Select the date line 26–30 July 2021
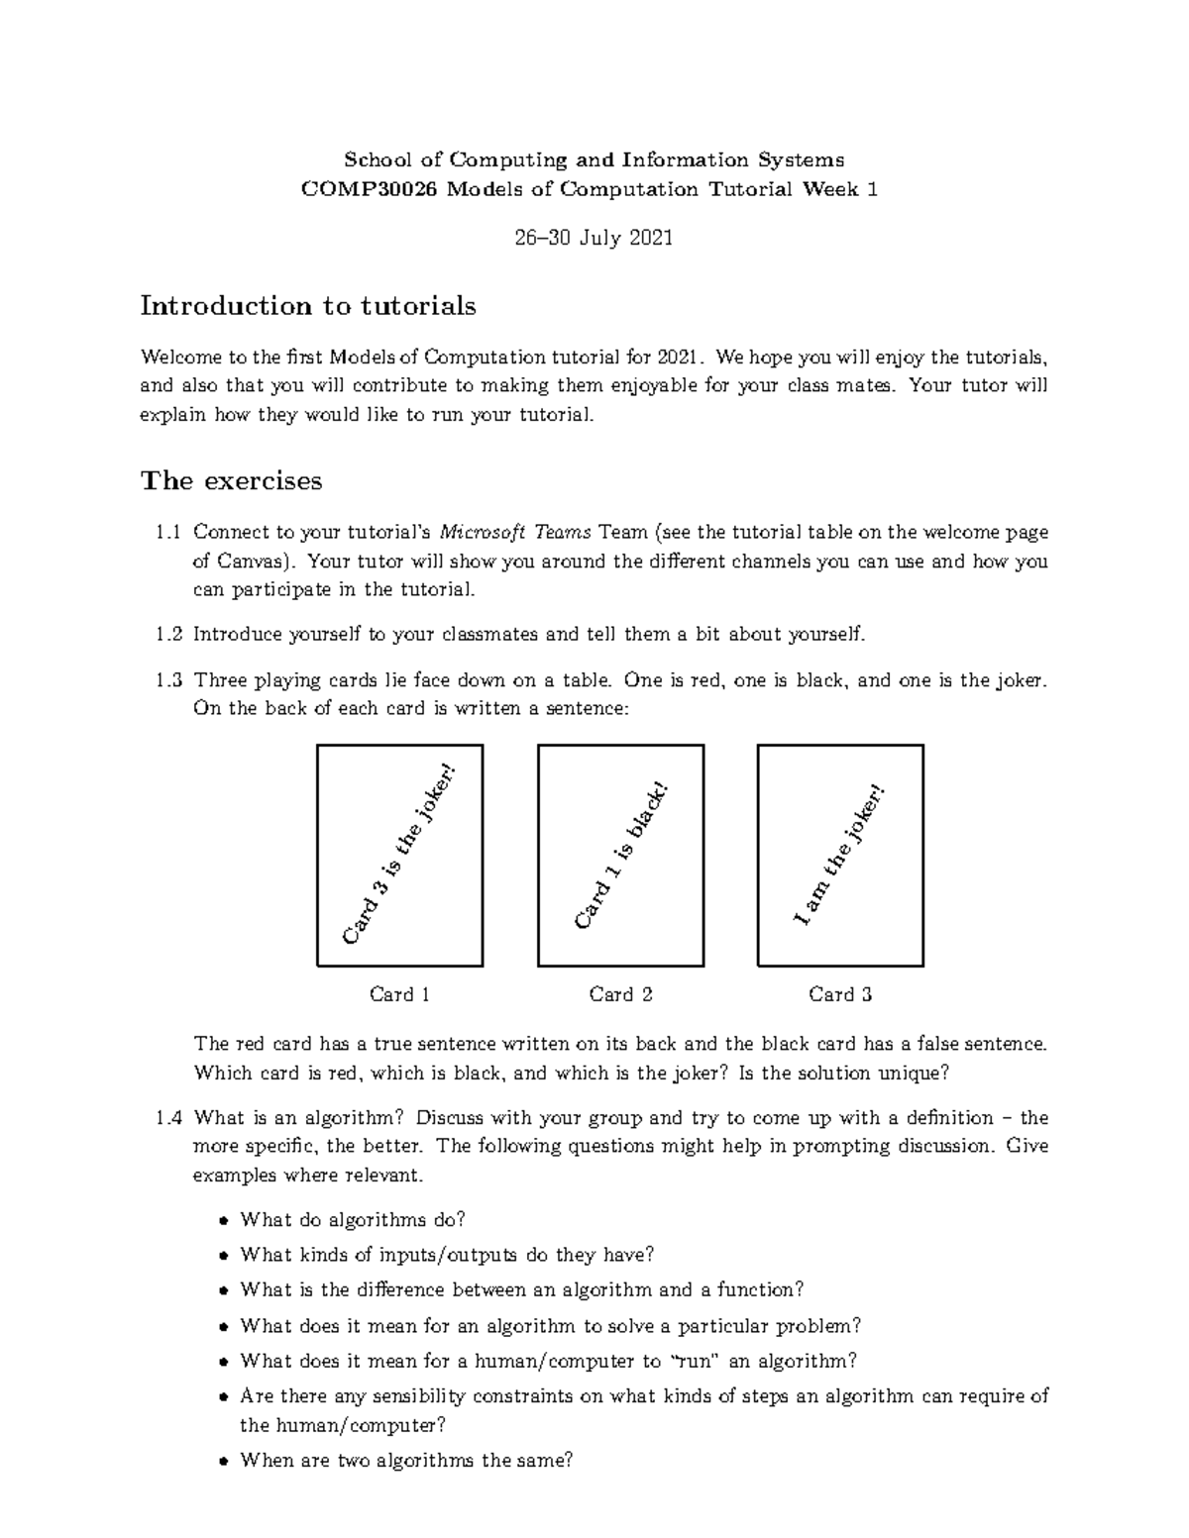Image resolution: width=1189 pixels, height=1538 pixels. (x=594, y=238)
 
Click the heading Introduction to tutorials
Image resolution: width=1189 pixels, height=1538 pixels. (x=308, y=306)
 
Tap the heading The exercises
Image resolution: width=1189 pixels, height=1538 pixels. (x=231, y=481)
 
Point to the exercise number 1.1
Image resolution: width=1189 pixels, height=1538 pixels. (x=168, y=533)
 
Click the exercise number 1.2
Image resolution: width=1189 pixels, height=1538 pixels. (x=168, y=634)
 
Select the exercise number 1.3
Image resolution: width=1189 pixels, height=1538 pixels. (x=168, y=680)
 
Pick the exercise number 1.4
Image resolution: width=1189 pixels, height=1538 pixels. (x=168, y=1118)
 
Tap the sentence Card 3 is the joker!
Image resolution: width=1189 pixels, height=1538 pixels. (x=401, y=854)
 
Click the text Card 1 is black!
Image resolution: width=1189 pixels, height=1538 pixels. (x=621, y=856)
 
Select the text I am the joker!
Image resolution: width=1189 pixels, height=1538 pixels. (x=839, y=856)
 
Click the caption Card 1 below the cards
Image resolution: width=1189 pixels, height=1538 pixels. (x=399, y=994)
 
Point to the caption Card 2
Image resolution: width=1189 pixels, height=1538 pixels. (x=620, y=994)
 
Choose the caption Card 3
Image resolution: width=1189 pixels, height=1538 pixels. (x=840, y=994)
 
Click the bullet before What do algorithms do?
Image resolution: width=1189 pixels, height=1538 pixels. (x=223, y=1221)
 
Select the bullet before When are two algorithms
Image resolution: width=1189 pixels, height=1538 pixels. (x=223, y=1462)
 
